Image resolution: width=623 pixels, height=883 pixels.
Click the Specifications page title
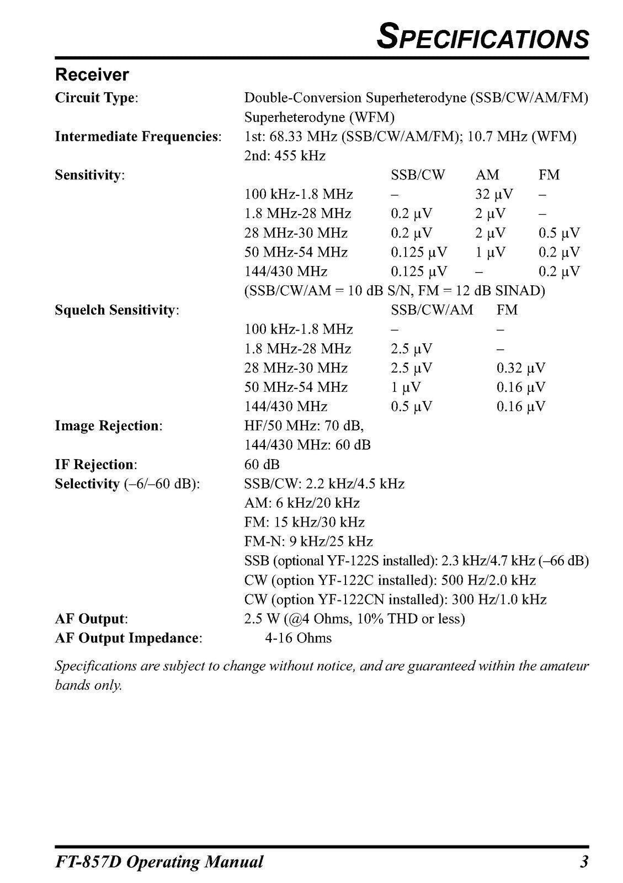[483, 38]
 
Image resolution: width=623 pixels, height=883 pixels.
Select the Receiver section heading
[92, 75]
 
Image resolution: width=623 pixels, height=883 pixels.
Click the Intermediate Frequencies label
[138, 137]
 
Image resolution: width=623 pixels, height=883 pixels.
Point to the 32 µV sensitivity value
[494, 194]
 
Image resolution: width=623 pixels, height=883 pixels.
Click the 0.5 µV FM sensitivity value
[559, 233]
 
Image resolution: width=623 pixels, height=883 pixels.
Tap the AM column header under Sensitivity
[487, 175]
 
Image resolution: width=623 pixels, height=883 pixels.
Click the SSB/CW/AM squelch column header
[432, 310]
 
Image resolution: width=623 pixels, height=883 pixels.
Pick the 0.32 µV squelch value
[520, 368]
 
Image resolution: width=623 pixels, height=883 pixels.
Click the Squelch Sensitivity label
[117, 310]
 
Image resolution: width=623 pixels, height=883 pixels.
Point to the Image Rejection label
[109, 426]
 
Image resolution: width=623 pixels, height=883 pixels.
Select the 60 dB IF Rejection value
[262, 465]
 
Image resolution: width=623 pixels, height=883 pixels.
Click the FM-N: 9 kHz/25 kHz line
[308, 541]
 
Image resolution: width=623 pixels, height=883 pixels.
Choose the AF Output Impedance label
[129, 639]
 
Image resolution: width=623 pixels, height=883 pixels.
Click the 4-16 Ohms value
[298, 639]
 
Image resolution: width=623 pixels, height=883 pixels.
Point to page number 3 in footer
[584, 861]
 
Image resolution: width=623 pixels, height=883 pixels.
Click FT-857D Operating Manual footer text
[159, 862]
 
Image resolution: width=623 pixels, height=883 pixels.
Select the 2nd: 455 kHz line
[285, 156]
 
